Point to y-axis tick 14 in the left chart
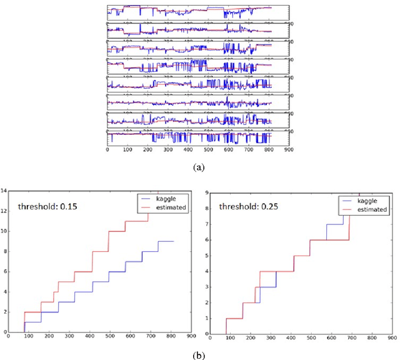pos(4,190)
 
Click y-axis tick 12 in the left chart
pos(4,211)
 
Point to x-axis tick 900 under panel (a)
pos(288,150)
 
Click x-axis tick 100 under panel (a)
pos(127,150)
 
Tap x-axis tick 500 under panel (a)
pos(207,150)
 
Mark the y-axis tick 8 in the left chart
pos(4,251)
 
